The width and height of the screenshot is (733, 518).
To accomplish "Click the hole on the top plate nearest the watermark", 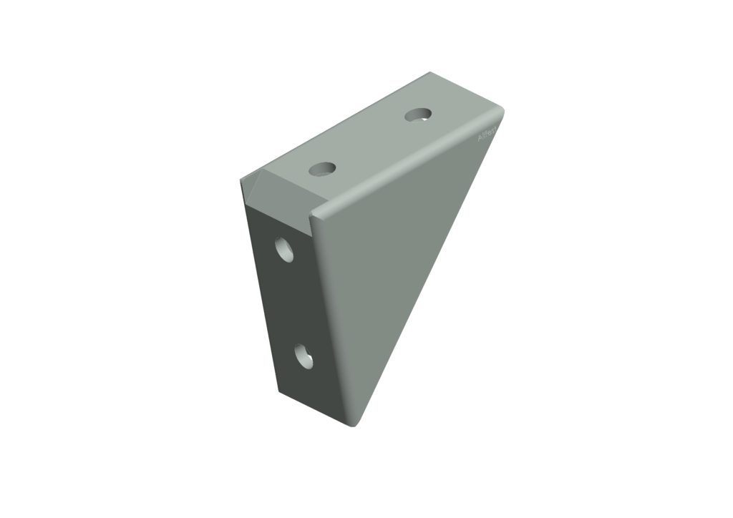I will tap(419, 114).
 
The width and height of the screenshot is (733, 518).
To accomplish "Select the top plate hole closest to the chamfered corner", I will tap(323, 170).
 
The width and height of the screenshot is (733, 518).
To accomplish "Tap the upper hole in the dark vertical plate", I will tap(286, 249).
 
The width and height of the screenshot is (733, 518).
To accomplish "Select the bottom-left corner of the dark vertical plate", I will tap(277, 392).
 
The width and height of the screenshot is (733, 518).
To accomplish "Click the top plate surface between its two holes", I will tap(371, 142).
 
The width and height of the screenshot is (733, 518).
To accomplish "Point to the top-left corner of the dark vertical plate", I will tap(245, 204).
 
